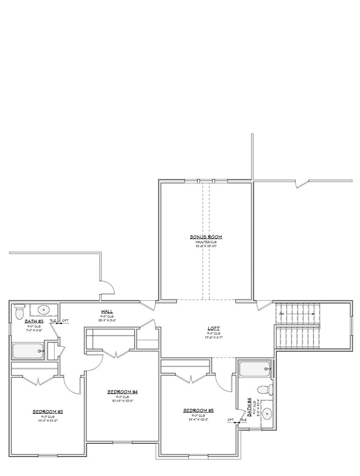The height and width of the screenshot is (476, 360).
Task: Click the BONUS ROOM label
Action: tap(206, 237)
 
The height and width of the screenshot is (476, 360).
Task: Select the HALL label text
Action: tap(107, 312)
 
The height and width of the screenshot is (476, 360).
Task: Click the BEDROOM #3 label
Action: tap(48, 412)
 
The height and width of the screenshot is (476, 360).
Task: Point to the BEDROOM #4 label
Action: tap(122, 391)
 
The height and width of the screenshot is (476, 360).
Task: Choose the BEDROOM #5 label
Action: tap(198, 411)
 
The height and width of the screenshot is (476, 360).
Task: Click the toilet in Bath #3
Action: tap(19, 311)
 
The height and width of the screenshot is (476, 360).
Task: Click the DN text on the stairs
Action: tap(281, 314)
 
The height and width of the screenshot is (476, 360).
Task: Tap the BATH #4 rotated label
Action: tap(249, 406)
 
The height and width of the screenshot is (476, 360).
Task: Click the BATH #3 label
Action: tap(34, 321)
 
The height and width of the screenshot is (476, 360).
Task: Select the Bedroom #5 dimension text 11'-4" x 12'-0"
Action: tap(198, 419)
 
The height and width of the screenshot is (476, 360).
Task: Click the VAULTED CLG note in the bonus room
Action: tap(206, 242)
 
